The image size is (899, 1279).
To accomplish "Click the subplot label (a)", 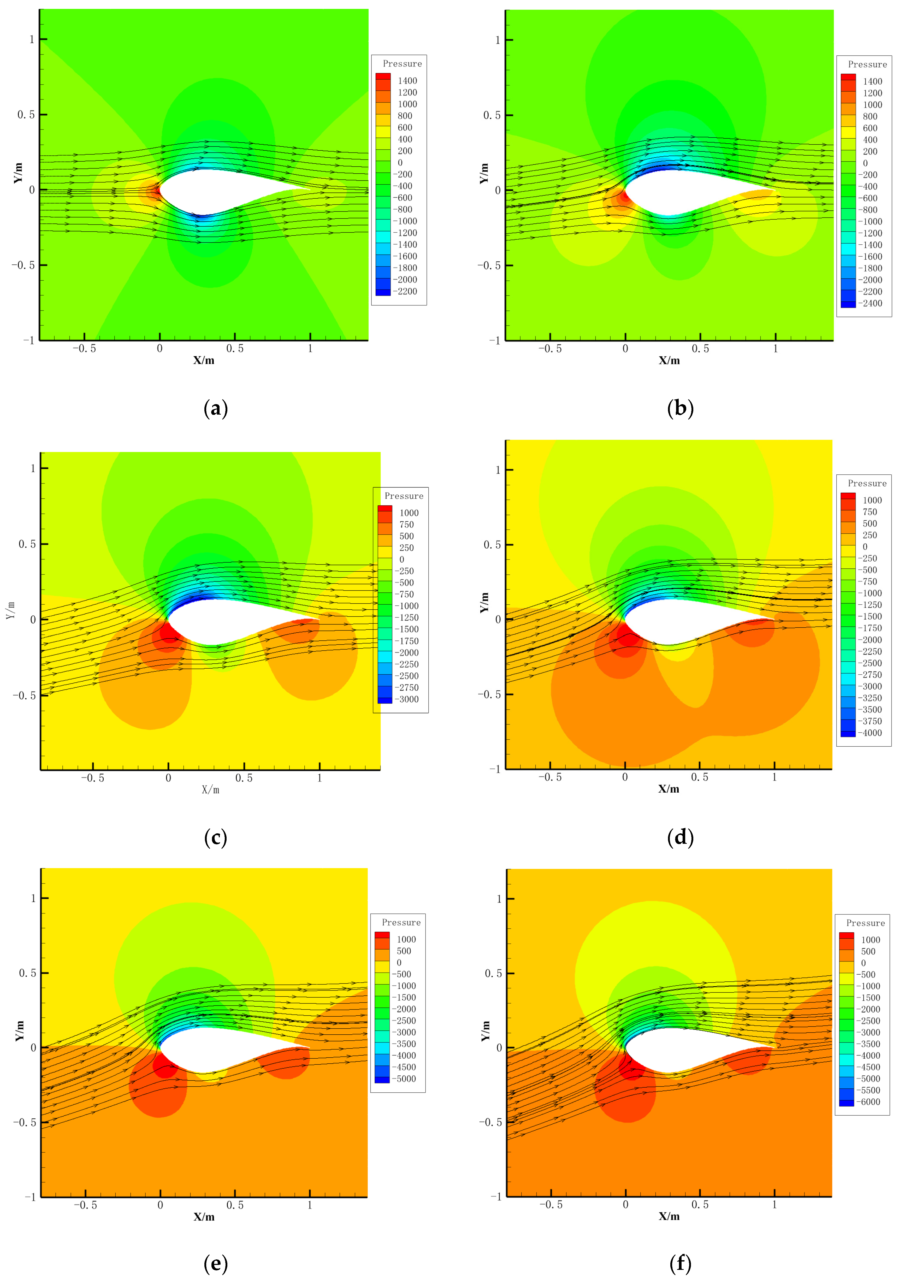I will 216,409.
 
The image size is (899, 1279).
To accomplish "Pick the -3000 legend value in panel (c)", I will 408,699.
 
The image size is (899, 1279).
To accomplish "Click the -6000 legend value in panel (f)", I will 870,1102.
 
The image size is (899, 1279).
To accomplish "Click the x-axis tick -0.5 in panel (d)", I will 550,777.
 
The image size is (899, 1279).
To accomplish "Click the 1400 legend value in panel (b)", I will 872,81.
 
